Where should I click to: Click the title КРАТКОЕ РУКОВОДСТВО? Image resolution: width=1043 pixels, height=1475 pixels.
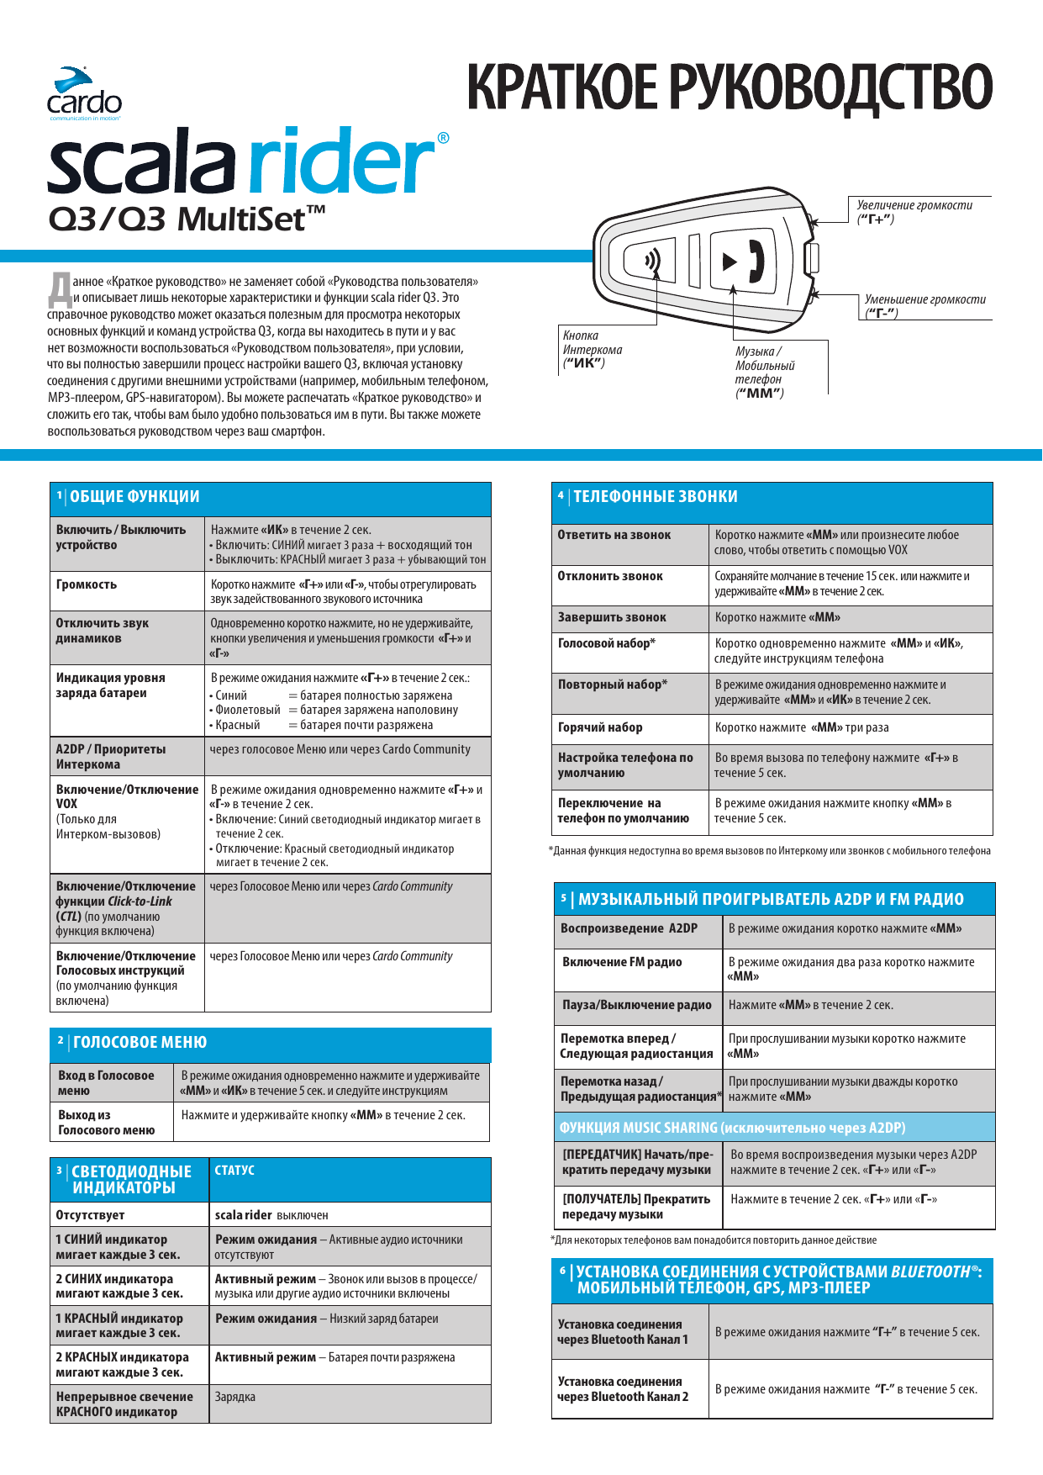tap(729, 87)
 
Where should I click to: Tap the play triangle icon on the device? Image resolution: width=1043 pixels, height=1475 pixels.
tap(729, 262)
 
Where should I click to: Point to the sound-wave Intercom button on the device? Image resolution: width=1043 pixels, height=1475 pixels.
tap(652, 261)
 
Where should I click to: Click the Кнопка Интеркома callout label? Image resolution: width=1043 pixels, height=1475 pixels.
tap(592, 349)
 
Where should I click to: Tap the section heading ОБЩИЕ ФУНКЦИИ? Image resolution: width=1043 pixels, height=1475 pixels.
tap(134, 497)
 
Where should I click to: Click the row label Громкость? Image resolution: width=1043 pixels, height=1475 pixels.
tap(87, 584)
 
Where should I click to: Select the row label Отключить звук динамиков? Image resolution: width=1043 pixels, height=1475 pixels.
tap(102, 631)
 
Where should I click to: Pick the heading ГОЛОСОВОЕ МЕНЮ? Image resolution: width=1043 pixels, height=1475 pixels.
tap(140, 1043)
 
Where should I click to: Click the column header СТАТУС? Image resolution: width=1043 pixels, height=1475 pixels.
tap(234, 1171)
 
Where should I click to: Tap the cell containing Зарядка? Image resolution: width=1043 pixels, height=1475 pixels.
tap(235, 1397)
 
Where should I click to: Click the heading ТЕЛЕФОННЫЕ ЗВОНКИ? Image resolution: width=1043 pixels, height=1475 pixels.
tap(655, 497)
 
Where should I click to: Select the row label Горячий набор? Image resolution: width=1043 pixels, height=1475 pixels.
tap(600, 727)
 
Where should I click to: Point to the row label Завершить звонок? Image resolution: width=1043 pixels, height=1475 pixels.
tap(612, 617)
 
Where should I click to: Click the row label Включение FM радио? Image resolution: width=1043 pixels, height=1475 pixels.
tap(622, 962)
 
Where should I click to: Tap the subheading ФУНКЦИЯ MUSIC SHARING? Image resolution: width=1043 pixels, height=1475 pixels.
tap(732, 1128)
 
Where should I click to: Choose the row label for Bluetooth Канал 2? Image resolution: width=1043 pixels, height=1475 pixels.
tap(623, 1389)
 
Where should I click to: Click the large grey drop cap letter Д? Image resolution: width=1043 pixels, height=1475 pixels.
tap(60, 289)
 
